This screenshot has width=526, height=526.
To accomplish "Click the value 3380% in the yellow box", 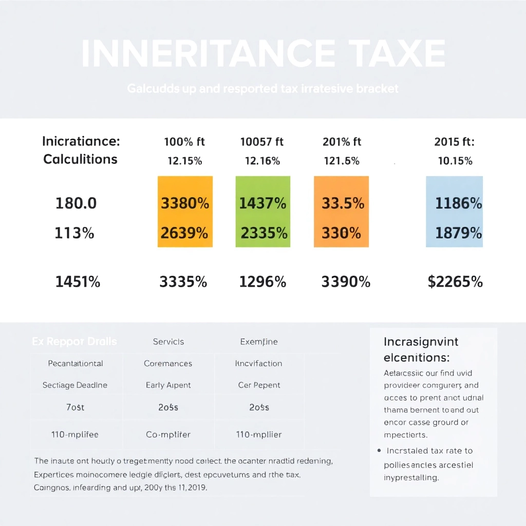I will tap(185, 203).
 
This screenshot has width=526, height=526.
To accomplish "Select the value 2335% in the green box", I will tap(264, 233).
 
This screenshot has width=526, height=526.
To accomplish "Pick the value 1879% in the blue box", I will tap(458, 233).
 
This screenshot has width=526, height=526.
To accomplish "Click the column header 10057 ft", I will tap(262, 142).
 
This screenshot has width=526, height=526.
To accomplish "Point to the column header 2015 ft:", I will tap(454, 142).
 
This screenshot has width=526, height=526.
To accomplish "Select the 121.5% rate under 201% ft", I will tap(342, 161).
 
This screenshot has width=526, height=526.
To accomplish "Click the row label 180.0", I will tap(76, 203).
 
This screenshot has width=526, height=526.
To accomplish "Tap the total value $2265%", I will tap(455, 281).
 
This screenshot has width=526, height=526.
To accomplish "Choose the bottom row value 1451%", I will tap(78, 281).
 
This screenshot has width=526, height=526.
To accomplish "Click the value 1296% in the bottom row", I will tap(262, 281).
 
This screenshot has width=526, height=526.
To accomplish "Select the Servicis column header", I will tap(168, 342).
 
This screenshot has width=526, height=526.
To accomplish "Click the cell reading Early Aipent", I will tap(168, 385).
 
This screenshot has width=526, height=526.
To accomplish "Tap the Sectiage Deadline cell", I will tap(75, 385).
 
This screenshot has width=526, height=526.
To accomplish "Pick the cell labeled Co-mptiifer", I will tap(168, 435).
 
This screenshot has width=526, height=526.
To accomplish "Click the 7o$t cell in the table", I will tap(75, 407).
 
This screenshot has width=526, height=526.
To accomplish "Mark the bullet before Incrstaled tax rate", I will tap(379, 450).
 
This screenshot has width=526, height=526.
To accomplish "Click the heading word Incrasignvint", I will tap(421, 342).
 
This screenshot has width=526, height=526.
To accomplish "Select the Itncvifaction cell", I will tap(258, 364).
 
